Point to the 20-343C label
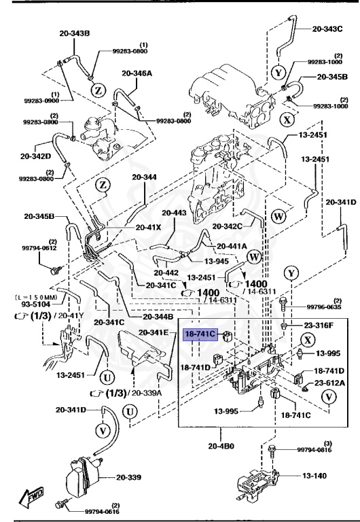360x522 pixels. coord(328,29)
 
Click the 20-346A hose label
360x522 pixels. coord(138,73)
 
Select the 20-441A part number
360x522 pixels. coord(232,246)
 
